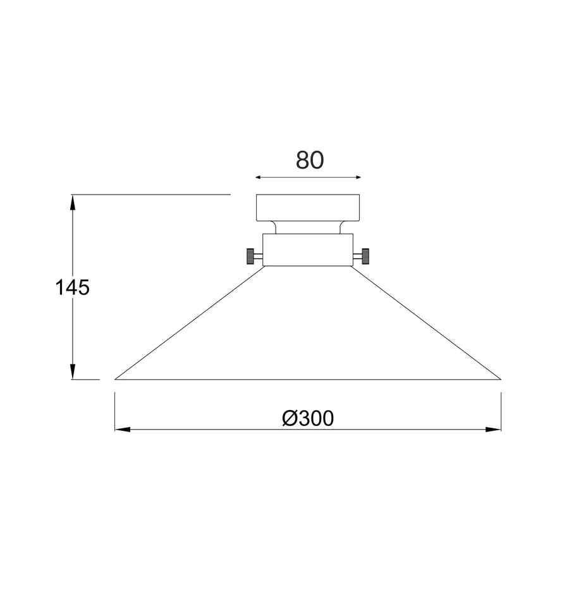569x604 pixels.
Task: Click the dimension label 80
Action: coord(310,160)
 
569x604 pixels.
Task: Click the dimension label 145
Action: coord(73,287)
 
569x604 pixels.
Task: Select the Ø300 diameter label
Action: coord(308,418)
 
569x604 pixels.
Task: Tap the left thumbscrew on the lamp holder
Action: coord(252,257)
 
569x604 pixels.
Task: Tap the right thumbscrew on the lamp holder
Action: coord(365,257)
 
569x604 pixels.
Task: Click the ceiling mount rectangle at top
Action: coord(308,208)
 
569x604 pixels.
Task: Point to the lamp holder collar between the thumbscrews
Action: coord(308,250)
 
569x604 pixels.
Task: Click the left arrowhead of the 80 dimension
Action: coord(259,178)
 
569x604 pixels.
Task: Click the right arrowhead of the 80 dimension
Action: coord(357,178)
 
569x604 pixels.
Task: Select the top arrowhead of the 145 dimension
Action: coord(73,202)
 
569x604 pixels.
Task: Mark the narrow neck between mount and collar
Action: coord(308,227)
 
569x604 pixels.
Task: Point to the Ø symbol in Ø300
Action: coord(290,418)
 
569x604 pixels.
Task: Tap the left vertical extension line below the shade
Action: coord(114,411)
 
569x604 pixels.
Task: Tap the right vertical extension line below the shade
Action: coord(501,411)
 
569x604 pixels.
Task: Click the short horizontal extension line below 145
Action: coord(85,380)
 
